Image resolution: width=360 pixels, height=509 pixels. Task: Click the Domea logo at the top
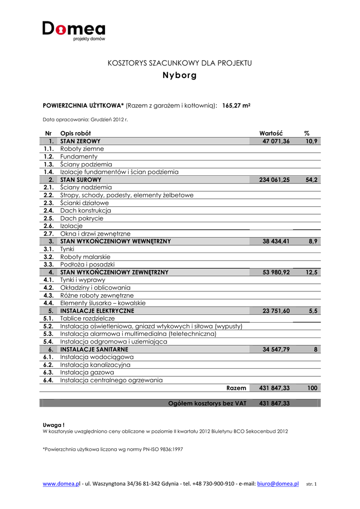[x=74, y=30]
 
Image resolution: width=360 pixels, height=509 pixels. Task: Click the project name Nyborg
[x=180, y=76]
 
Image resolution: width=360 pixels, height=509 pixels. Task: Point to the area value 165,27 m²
[x=236, y=105]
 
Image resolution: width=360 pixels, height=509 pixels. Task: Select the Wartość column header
[x=271, y=133]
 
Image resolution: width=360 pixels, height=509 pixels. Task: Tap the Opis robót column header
[x=79, y=133]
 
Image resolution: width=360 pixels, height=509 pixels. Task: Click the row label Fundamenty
[x=79, y=157]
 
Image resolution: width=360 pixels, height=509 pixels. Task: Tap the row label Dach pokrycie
[x=82, y=218]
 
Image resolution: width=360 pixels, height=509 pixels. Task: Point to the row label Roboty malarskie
[x=85, y=257]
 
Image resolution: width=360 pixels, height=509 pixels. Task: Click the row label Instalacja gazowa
[x=87, y=372]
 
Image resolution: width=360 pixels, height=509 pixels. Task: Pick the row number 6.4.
[x=48, y=380]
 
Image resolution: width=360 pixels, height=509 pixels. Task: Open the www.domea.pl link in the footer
[x=62, y=484]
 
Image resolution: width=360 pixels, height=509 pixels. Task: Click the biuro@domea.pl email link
[x=278, y=484]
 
